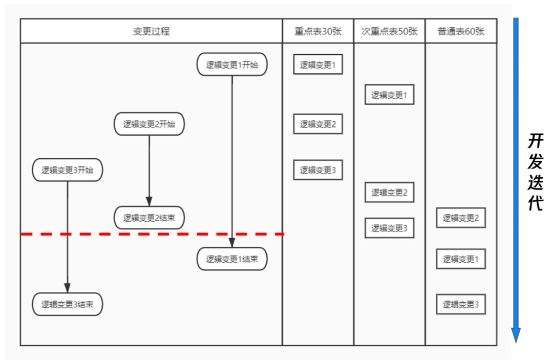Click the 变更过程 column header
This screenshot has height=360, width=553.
tap(151, 31)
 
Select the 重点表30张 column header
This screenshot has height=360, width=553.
tap(318, 31)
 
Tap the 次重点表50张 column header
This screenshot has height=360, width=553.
tap(389, 31)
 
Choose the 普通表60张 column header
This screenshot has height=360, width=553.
tap(461, 31)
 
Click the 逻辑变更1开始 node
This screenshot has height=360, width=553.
tap(232, 65)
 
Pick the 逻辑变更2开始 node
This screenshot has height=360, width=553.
tap(149, 124)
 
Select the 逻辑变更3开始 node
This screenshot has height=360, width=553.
tap(68, 171)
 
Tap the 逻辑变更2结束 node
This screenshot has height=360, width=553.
tap(149, 218)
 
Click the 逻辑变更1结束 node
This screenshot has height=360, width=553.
tap(232, 259)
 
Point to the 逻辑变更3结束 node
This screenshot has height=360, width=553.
tap(68, 304)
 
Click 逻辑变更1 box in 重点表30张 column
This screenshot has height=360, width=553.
tap(318, 65)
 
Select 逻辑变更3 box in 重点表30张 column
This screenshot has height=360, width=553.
tap(318, 170)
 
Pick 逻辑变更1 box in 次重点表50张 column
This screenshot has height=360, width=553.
tap(389, 95)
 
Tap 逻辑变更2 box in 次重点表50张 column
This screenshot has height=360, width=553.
tap(389, 193)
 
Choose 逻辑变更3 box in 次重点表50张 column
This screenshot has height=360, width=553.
tap(389, 228)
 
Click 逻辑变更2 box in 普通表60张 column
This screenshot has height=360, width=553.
tap(461, 218)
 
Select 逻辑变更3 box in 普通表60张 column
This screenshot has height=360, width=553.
tap(461, 304)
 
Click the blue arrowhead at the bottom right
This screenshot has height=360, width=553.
tap(516, 335)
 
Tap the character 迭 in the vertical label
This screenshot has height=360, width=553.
tap(535, 183)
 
